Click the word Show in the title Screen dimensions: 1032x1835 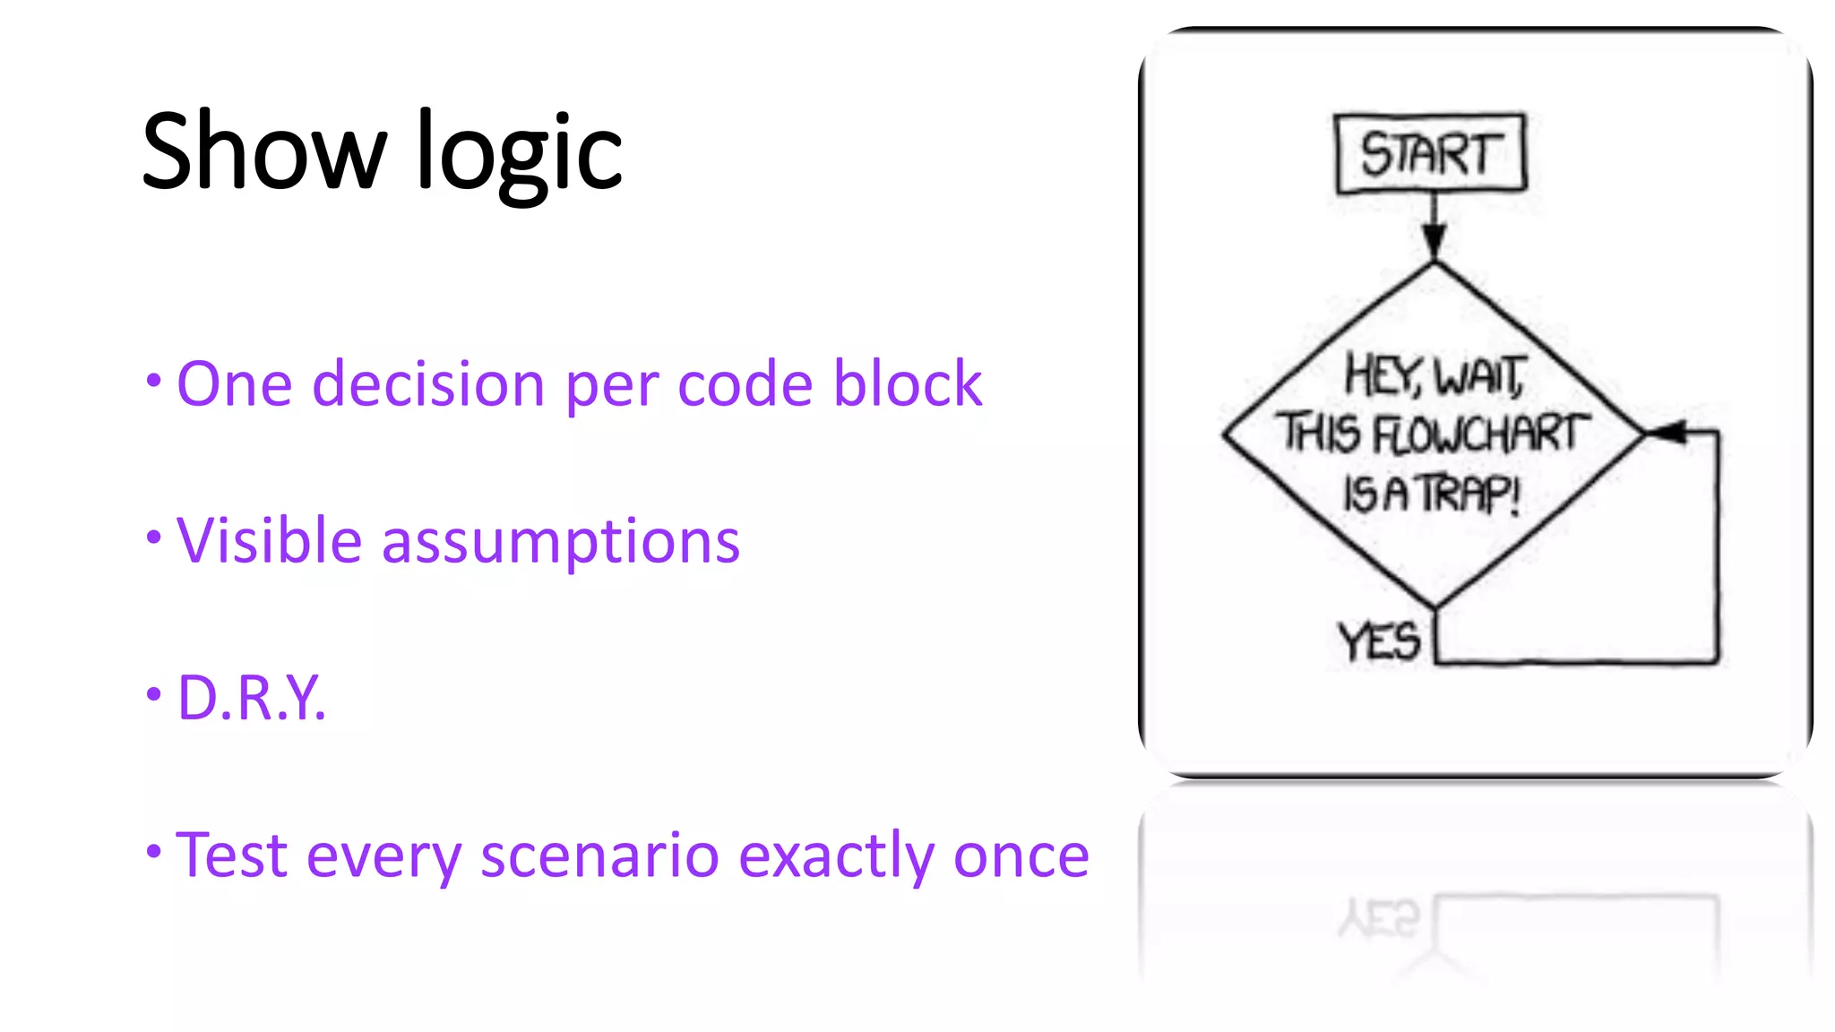(263, 150)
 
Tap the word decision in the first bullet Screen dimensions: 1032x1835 (427, 384)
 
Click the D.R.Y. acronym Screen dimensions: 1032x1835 (251, 698)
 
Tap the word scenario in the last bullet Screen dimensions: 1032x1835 (599, 855)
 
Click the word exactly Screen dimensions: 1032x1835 (838, 856)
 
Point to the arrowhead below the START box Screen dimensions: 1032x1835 (1434, 240)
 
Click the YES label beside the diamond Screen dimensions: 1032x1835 (1379, 641)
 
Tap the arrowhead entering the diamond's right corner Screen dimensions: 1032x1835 (1667, 433)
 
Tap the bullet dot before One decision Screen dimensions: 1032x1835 (154, 380)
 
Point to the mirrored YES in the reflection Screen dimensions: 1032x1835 (1379, 919)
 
